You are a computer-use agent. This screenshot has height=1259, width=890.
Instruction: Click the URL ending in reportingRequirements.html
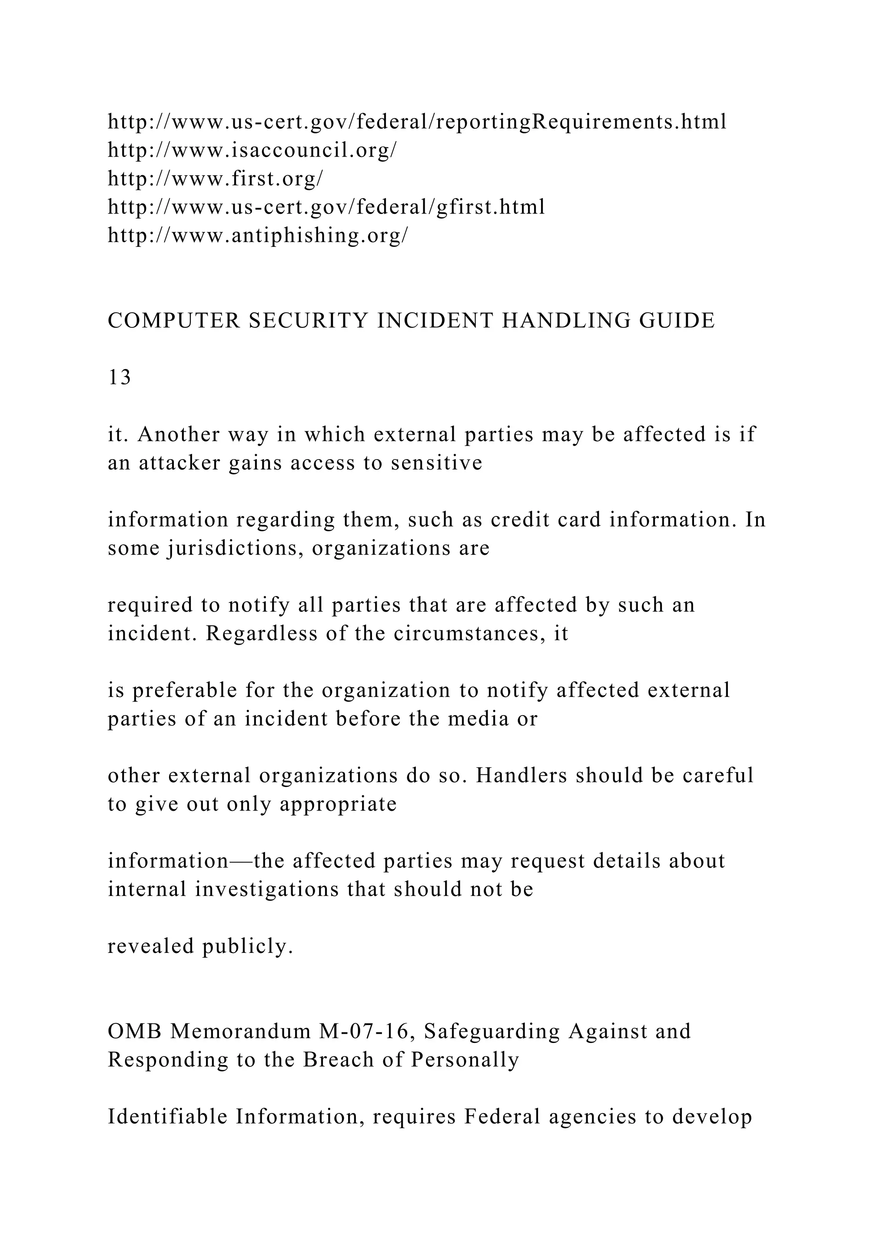click(x=416, y=122)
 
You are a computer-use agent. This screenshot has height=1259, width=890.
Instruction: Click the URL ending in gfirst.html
click(x=326, y=207)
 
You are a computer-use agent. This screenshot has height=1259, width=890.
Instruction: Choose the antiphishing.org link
click(x=258, y=235)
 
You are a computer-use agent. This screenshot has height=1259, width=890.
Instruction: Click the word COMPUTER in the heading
click(x=173, y=321)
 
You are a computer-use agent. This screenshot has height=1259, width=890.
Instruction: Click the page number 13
click(x=120, y=378)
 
